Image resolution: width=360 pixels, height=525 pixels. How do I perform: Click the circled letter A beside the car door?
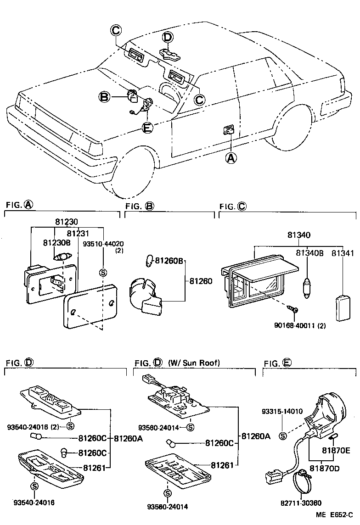point(231,158)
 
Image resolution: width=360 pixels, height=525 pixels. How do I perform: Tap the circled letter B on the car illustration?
point(105,97)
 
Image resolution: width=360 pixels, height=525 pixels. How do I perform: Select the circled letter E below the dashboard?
point(146,128)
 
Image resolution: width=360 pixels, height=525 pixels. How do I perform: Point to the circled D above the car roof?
point(168,37)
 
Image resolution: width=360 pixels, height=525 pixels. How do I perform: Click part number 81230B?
point(57,242)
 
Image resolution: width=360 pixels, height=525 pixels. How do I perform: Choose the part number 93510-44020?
point(103,243)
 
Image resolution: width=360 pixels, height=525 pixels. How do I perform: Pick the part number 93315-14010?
point(282,411)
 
